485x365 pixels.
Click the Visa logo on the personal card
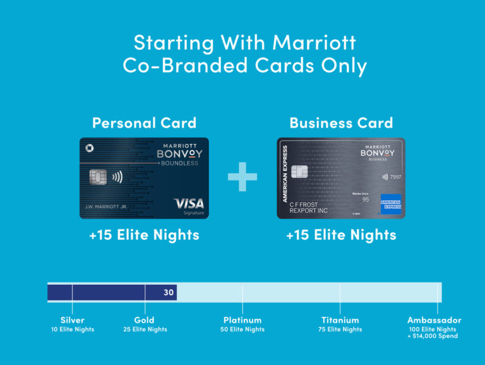coord(188,203)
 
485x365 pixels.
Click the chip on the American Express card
coord(300,171)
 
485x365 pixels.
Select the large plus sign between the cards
coord(242,177)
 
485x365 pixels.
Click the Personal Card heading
coord(144,123)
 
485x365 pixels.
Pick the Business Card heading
coord(341,123)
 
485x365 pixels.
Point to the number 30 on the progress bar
coord(169,292)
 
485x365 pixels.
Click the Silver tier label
coord(73,320)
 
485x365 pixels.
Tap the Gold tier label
coord(145,320)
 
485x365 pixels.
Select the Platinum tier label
coord(242,320)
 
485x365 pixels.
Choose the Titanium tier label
coord(340,320)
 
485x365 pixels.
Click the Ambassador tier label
coord(434,320)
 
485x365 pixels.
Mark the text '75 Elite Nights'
coord(340,330)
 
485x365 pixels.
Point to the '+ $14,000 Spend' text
coord(433,337)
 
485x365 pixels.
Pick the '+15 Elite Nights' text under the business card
coord(341,236)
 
